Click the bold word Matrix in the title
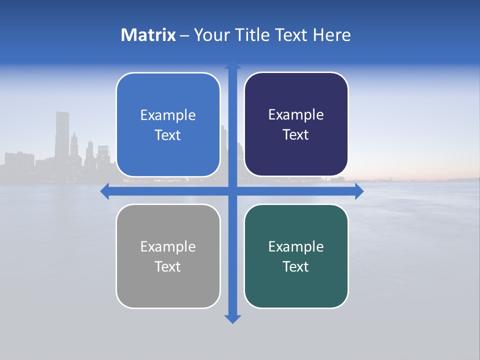click(148, 35)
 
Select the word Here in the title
click(332, 35)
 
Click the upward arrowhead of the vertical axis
click(232, 65)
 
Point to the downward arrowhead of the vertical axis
click(232, 319)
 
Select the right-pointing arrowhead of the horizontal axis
click(359, 191)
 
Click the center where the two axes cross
click(232, 191)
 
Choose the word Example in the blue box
click(168, 115)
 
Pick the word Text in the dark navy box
click(296, 135)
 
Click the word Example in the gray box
click(168, 246)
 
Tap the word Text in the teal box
click(296, 266)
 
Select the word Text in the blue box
click(168, 135)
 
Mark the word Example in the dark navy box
click(296, 115)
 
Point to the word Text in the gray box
click(168, 266)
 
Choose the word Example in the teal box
click(296, 246)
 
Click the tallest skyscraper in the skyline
click(62, 135)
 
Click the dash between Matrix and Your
click(184, 35)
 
